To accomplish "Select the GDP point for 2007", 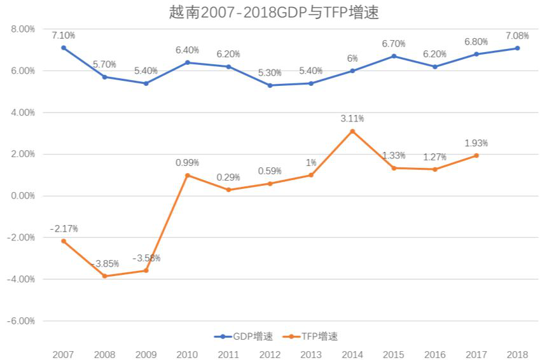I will point(64,48).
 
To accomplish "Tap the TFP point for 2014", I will point(352,131).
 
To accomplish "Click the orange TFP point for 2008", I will point(105,276).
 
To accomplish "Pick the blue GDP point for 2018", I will point(518,48).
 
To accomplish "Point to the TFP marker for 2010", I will point(188,175).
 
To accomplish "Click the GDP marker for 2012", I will point(270,85).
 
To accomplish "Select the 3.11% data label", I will point(352,118).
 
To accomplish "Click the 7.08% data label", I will point(517,35).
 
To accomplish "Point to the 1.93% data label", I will point(476,143).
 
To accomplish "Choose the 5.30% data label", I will point(270,72).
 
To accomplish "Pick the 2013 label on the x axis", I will point(311,354).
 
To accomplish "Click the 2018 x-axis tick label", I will point(517,354).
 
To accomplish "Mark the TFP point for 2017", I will point(476,156).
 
